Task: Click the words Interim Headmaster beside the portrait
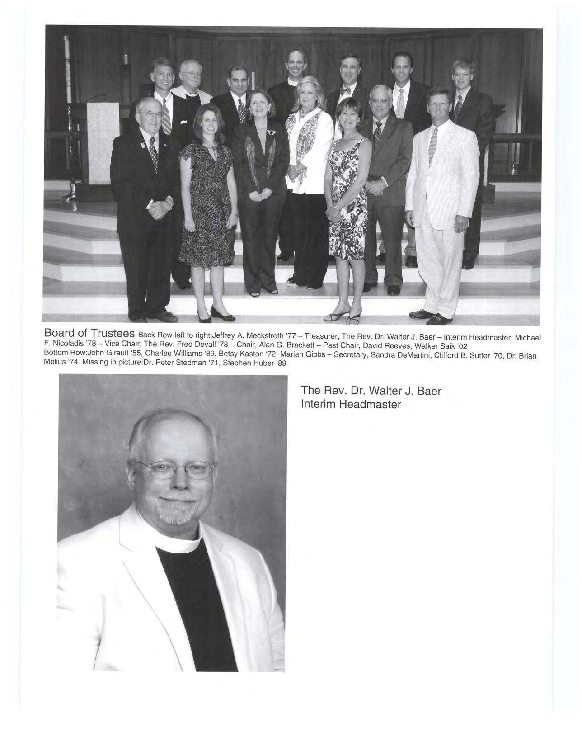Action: pos(351,404)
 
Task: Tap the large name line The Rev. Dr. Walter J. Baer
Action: pos(371,390)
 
